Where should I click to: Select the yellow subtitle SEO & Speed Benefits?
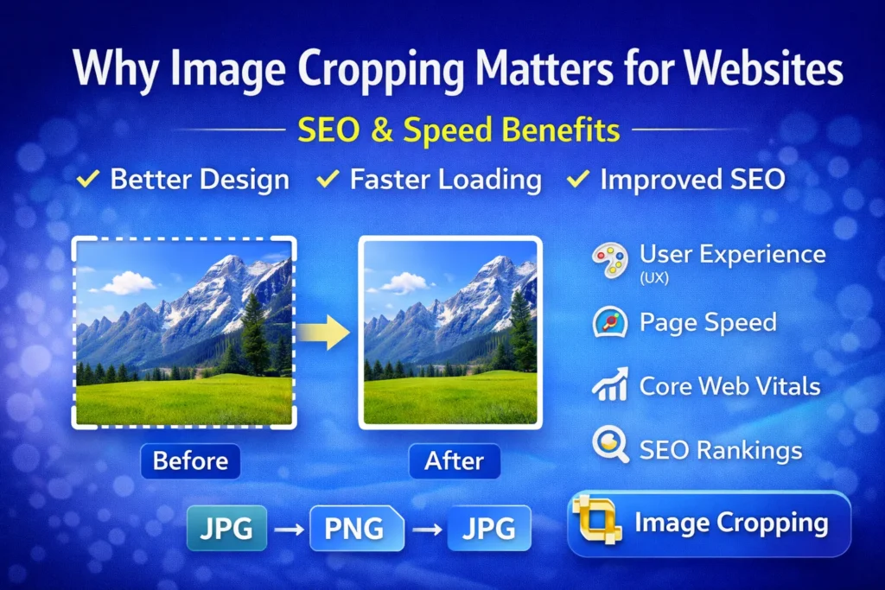pos(459,130)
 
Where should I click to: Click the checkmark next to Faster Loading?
pos(328,180)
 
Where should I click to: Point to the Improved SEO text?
pos(692,180)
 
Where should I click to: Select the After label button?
pos(454,460)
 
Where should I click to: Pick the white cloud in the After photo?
pos(406,282)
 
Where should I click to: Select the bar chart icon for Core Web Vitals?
pos(610,385)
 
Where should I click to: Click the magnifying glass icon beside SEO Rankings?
pos(610,447)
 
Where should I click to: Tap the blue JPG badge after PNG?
pos(488,528)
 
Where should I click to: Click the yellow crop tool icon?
pos(597,522)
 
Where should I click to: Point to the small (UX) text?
pos(654,279)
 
